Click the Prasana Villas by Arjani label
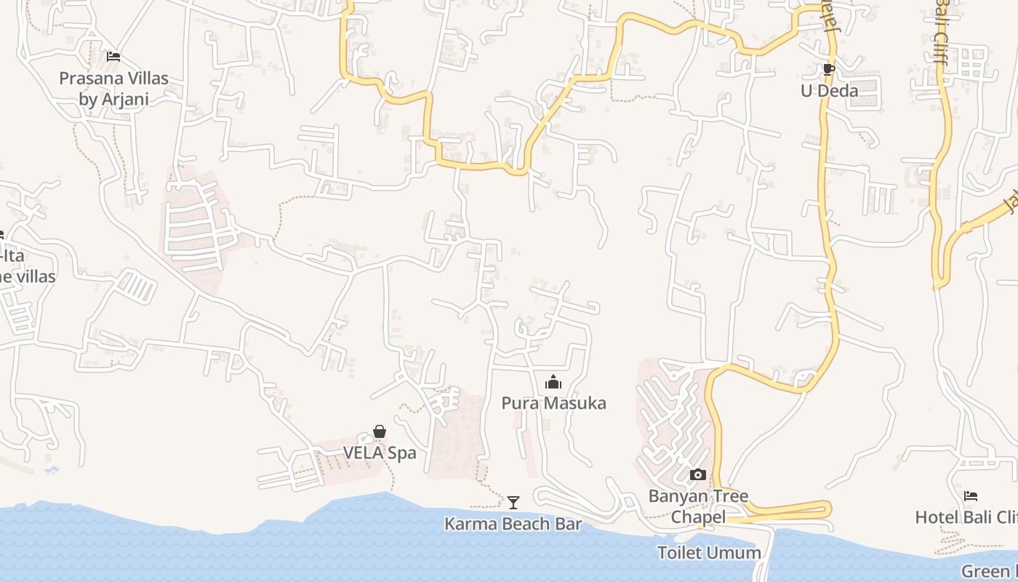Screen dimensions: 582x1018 coord(113,88)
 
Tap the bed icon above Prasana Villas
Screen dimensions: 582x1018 coord(113,56)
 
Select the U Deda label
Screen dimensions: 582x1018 coord(829,91)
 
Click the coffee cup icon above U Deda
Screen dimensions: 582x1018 coord(828,70)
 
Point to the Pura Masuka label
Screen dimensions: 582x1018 coord(553,403)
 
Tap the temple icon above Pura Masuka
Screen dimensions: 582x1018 coord(553,382)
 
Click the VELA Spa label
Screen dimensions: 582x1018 coord(380,453)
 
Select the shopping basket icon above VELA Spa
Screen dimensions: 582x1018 coord(380,431)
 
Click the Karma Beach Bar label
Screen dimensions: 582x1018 coord(513,524)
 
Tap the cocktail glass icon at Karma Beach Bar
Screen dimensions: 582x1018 coord(513,502)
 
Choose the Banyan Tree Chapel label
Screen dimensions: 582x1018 coord(698,506)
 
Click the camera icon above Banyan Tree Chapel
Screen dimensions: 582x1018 coord(698,475)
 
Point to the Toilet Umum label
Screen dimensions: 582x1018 coord(709,553)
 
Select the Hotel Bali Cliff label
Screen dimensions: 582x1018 coord(966,517)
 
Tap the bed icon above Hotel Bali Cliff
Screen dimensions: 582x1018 coord(971,496)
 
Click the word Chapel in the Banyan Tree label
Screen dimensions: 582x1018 coord(698,517)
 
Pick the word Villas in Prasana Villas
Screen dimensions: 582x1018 coord(144,78)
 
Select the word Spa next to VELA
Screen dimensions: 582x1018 coord(402,453)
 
